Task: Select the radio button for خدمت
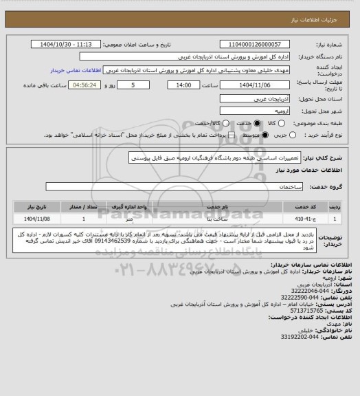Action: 257,123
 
